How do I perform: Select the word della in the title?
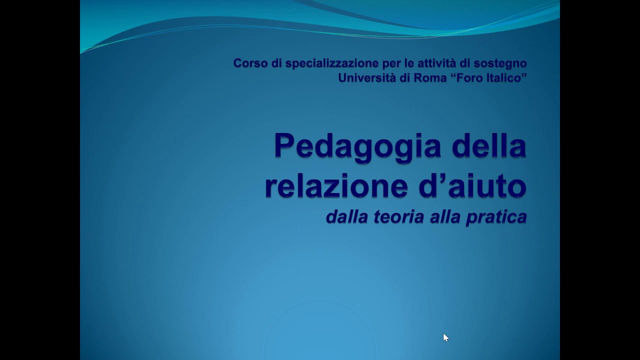(x=488, y=146)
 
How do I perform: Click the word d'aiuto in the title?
(x=472, y=185)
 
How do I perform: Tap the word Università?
(x=367, y=78)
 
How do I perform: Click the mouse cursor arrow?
(x=445, y=337)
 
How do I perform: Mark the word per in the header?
(x=391, y=63)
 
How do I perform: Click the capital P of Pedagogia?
(x=283, y=146)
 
